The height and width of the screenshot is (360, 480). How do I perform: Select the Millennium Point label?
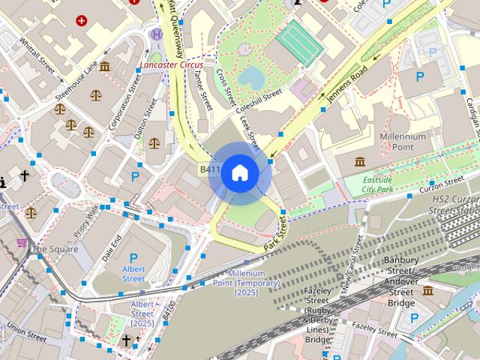click(403, 142)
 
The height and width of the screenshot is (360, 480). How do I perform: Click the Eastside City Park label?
click(377, 185)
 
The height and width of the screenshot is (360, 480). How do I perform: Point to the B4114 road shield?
click(209, 170)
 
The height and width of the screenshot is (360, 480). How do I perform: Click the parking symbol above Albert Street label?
click(134, 256)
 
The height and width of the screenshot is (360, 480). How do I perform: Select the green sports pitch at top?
click(300, 43)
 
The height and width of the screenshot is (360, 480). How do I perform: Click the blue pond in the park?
click(252, 76)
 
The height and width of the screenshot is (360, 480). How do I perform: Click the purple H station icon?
click(156, 34)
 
